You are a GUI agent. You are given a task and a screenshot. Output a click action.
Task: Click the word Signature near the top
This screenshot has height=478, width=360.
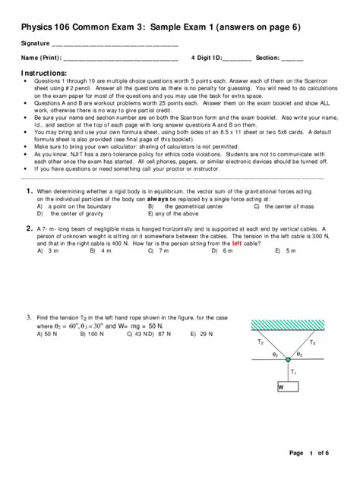tap(36, 43)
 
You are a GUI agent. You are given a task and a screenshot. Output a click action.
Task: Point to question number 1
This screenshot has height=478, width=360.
tap(28, 191)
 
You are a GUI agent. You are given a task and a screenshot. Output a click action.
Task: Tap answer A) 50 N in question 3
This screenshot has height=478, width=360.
tap(48, 333)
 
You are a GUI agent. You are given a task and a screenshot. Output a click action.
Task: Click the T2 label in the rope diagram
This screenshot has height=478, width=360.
tap(261, 342)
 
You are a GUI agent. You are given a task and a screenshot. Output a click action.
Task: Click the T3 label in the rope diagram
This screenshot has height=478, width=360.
tap(312, 343)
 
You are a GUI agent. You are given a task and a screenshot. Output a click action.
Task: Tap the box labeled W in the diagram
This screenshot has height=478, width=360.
tap(289, 387)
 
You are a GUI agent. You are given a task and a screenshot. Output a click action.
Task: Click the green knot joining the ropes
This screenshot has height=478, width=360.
tap(288, 359)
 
